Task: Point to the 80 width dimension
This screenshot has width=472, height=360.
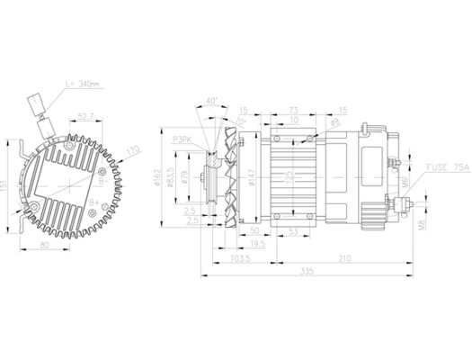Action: (46, 243)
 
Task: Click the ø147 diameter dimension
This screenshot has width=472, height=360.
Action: (253, 177)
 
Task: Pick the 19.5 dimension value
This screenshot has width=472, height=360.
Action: (258, 244)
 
